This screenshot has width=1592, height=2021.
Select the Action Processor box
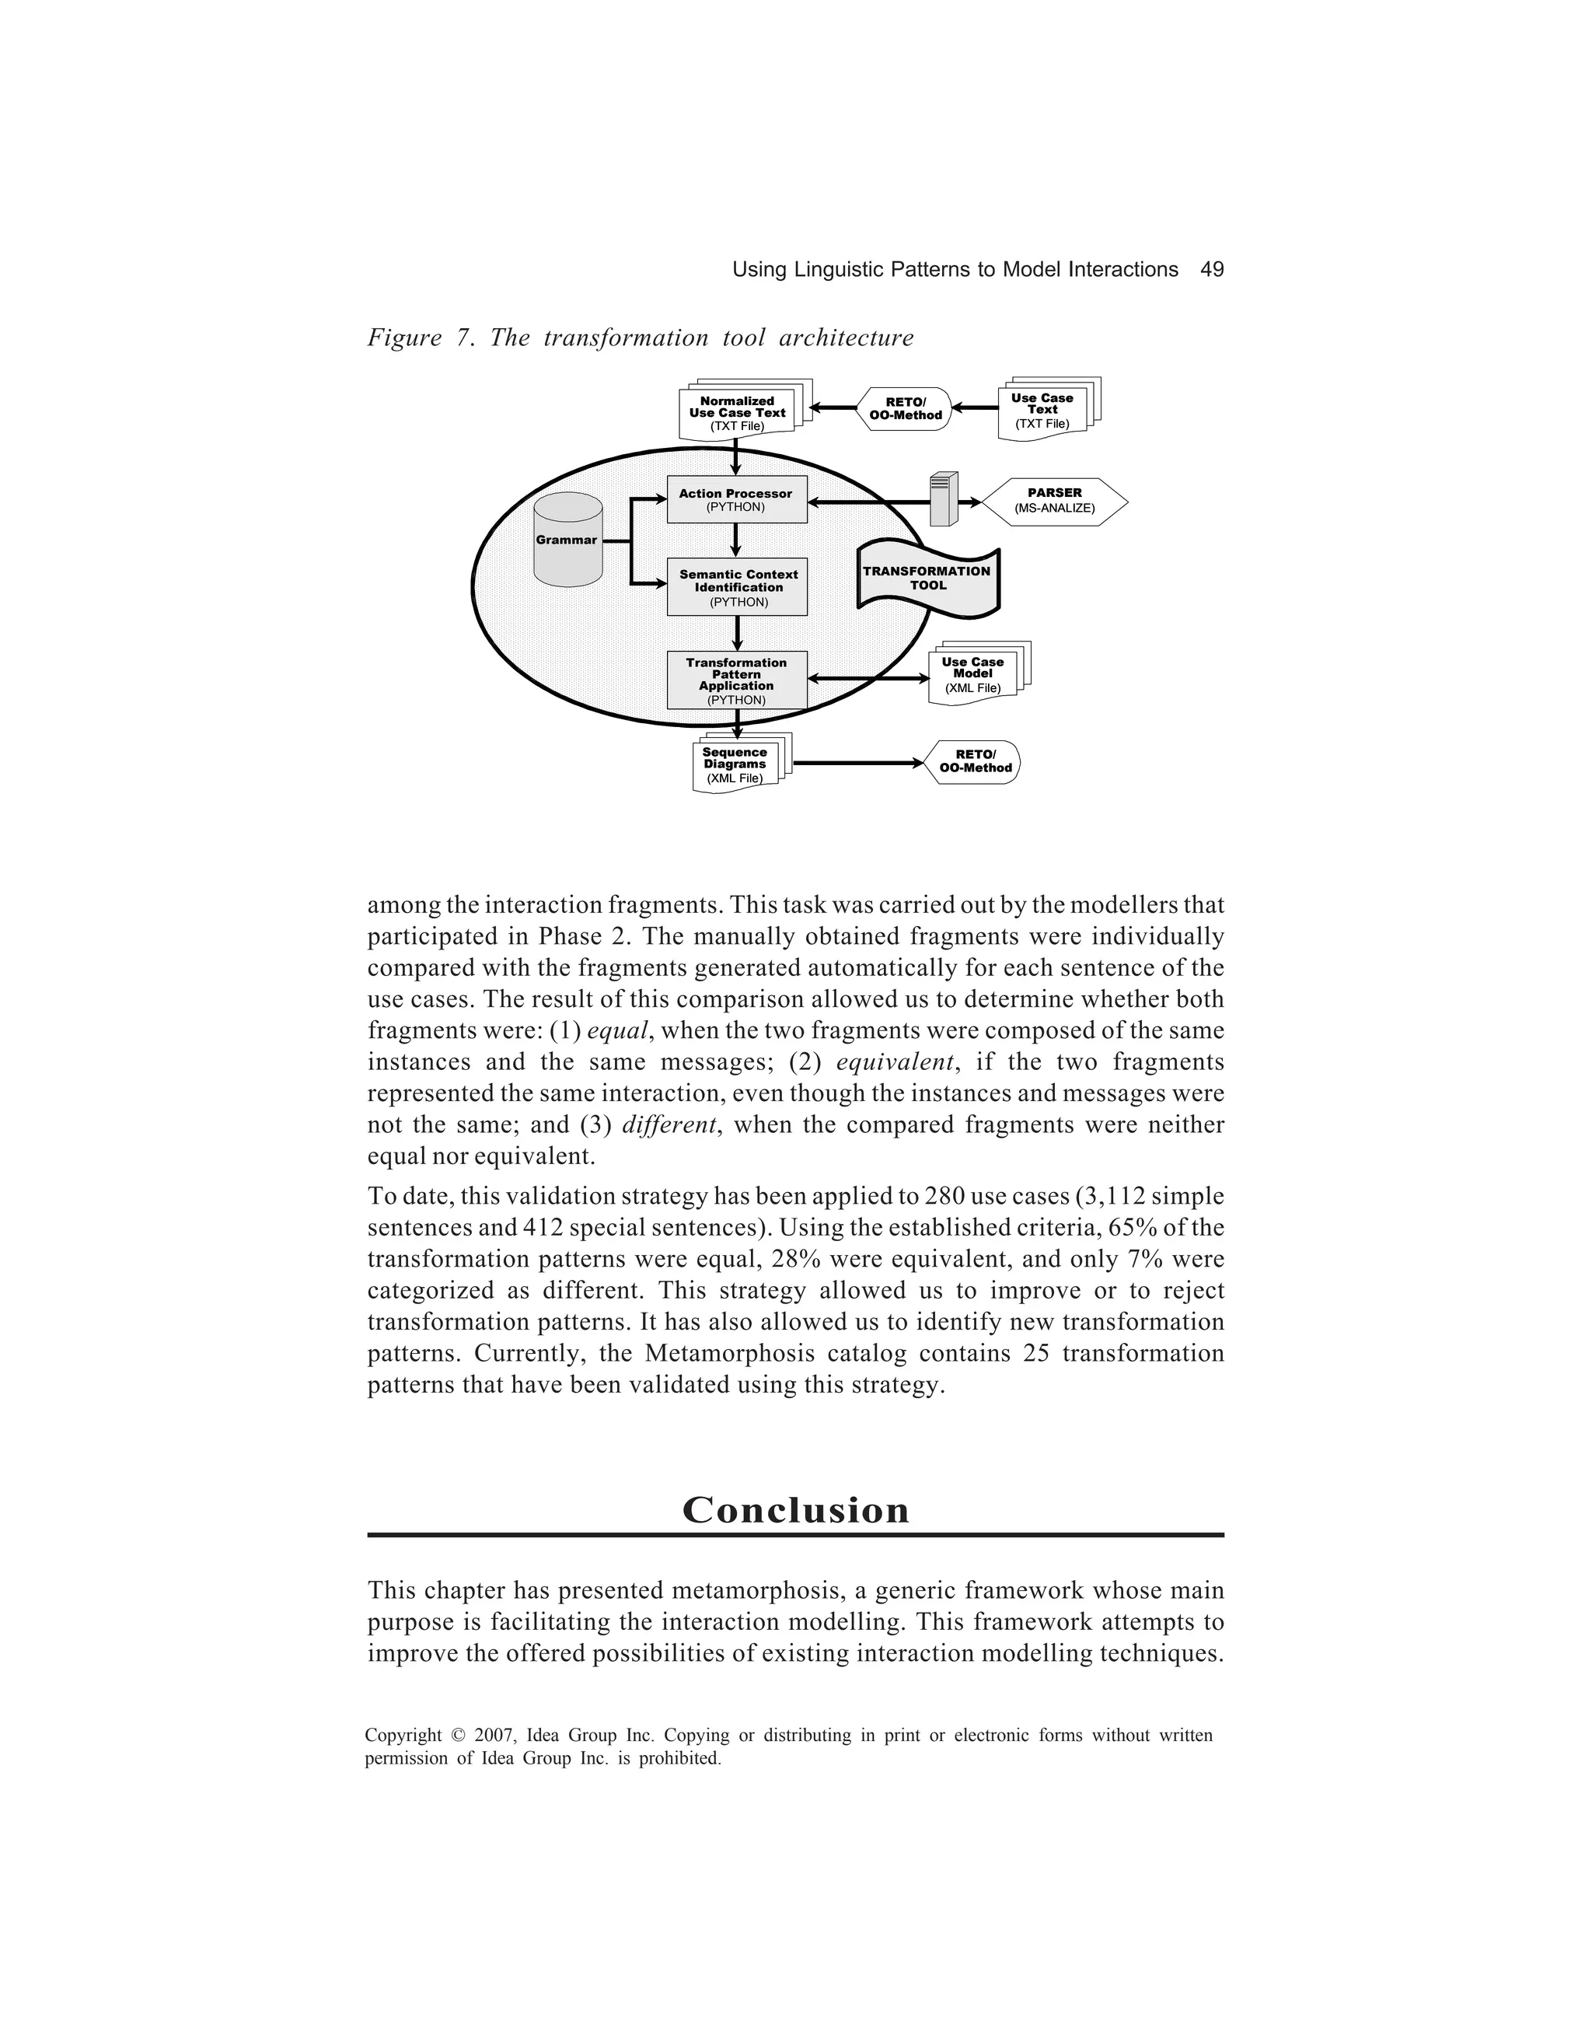tap(736, 501)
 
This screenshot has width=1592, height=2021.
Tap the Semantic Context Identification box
tap(737, 587)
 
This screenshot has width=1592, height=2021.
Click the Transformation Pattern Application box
tap(736, 680)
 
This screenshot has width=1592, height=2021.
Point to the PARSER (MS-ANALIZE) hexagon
tap(1054, 502)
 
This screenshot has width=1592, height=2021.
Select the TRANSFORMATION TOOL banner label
tap(927, 578)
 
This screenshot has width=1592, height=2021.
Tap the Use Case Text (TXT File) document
tap(1043, 410)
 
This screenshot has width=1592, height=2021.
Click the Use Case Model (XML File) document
tap(973, 675)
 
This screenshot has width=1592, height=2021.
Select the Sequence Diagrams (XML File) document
tap(735, 764)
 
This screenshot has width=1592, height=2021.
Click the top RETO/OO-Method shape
tap(905, 409)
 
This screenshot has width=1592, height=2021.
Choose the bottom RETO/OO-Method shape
tap(975, 761)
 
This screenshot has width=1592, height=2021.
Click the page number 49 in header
tap(1212, 271)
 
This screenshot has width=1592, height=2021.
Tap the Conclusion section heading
tap(795, 1510)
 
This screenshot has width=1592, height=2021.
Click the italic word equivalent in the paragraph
tap(895, 1061)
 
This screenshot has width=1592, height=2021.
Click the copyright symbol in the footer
tap(458, 1736)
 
